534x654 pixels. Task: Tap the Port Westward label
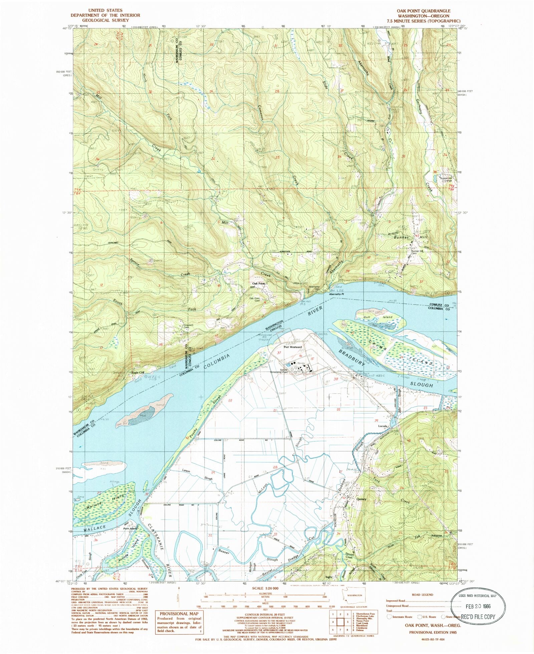click(293, 347)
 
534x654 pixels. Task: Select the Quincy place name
click(361, 499)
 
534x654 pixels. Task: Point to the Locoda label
click(382, 426)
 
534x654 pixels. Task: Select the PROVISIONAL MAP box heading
click(179, 613)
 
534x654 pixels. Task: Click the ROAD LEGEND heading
click(423, 594)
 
